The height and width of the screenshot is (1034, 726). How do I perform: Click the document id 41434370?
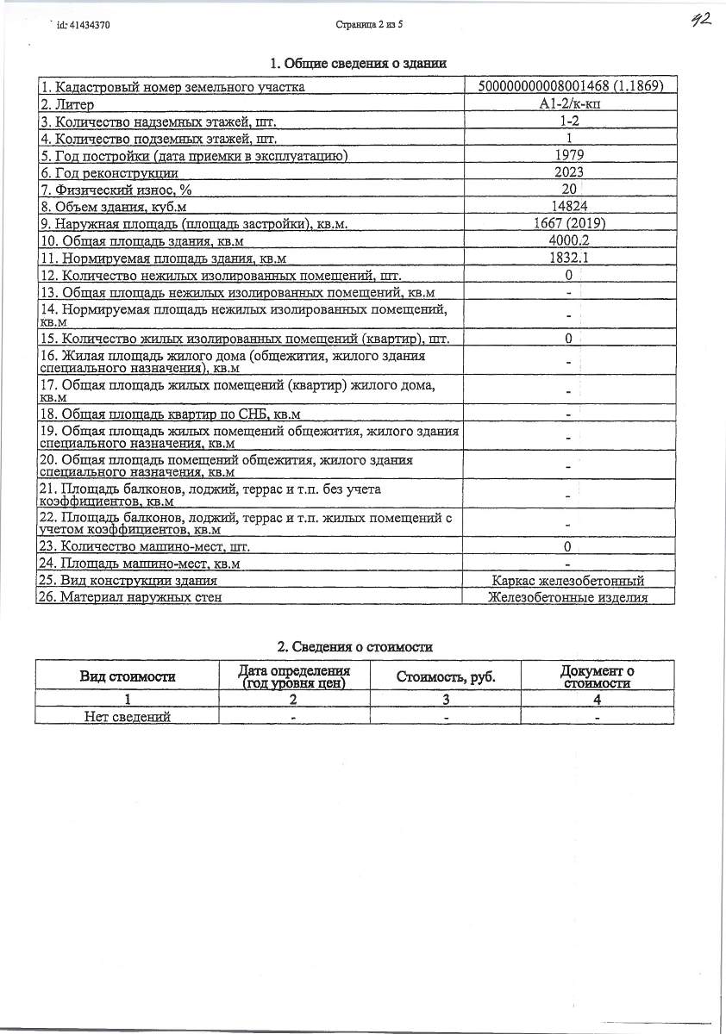83,26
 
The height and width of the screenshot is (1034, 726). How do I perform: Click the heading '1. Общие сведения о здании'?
358,63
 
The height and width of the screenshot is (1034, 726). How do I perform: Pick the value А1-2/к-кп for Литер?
568,104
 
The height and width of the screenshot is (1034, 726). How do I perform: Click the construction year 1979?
568,155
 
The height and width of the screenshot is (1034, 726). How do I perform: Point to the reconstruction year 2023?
568,172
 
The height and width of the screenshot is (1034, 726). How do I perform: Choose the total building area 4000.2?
568,240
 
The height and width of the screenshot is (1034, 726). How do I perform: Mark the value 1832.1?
568,258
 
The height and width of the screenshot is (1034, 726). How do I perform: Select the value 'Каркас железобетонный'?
568,581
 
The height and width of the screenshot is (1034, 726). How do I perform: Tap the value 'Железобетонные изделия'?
568,597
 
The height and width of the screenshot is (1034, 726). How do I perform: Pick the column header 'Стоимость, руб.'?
445,676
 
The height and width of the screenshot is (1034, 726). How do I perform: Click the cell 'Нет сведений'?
128,716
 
